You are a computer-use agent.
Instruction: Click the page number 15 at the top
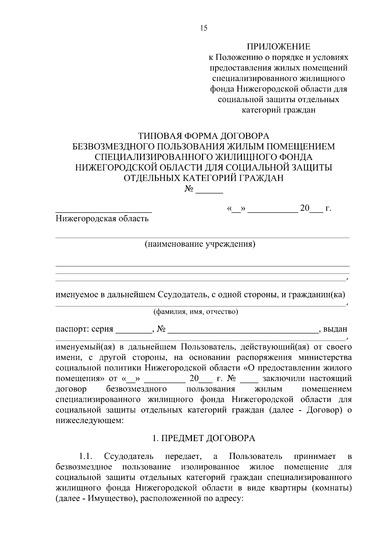pyautogui.click(x=204, y=28)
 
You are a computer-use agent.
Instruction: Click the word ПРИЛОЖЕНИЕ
pyautogui.click(x=279, y=47)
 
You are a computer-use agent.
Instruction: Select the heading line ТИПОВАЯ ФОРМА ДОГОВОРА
pyautogui.click(x=204, y=135)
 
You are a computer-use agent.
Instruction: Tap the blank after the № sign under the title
pyautogui.click(x=211, y=191)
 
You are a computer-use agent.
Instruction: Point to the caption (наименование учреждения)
pyautogui.click(x=200, y=244)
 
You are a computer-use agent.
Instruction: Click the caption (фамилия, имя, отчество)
pyautogui.click(x=196, y=312)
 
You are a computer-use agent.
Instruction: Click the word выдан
pyautogui.click(x=336, y=329)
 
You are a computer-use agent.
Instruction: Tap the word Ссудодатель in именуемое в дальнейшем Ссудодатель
pyautogui.click(x=182, y=295)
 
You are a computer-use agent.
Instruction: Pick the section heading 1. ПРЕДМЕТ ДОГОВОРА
pyautogui.click(x=204, y=439)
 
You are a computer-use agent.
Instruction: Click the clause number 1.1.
pyautogui.click(x=86, y=457)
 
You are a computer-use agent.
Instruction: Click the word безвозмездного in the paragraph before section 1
pyautogui.click(x=136, y=389)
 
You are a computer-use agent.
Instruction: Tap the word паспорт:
pyautogui.click(x=72, y=329)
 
